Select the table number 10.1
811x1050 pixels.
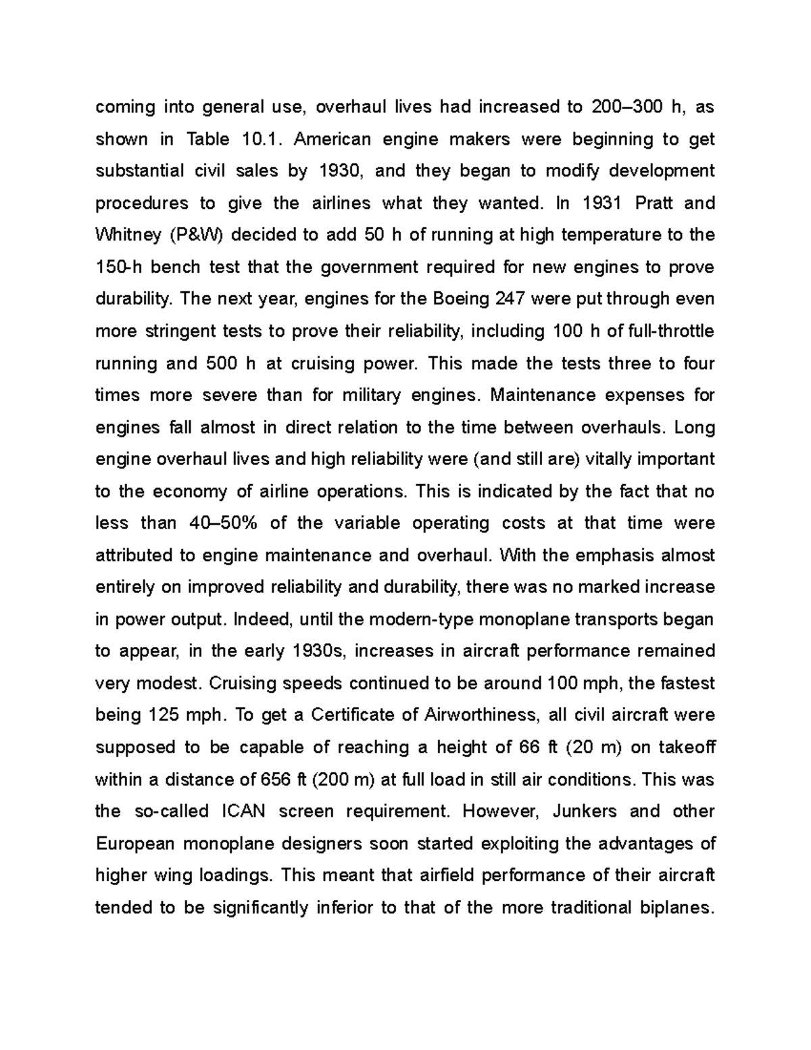tap(257, 139)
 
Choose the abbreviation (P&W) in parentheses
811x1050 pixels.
tap(188, 235)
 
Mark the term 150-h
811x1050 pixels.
tap(119, 267)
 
